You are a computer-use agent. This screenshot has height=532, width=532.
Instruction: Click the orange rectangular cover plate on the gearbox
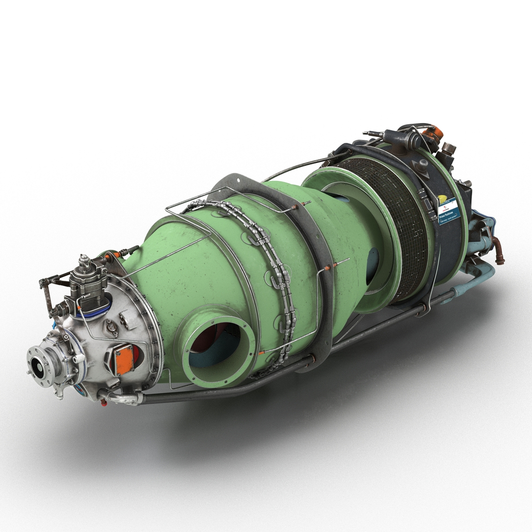(x=124, y=360)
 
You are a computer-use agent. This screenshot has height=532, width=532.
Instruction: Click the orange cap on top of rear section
(x=433, y=133)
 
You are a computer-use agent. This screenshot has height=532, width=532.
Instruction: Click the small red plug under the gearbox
(x=104, y=403)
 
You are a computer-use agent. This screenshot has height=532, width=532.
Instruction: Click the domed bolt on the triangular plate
(x=422, y=167)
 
